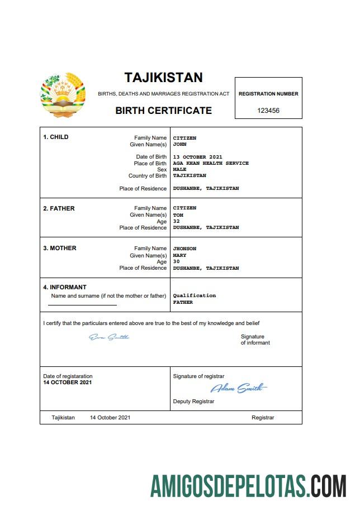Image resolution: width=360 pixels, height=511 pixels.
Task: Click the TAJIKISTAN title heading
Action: [x=163, y=78]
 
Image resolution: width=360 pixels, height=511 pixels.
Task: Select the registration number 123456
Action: [x=268, y=111]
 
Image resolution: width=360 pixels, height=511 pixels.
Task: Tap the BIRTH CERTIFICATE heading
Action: [x=163, y=111]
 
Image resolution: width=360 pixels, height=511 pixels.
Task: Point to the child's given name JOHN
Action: [x=179, y=145]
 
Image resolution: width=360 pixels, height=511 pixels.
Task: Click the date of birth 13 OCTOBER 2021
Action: [x=198, y=157]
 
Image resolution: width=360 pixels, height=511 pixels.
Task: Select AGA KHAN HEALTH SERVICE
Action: [x=211, y=164]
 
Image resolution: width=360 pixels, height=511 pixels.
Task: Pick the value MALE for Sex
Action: [x=179, y=169]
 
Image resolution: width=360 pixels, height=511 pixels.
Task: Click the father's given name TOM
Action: [x=178, y=215]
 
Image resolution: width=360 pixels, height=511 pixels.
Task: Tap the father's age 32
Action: [x=176, y=221]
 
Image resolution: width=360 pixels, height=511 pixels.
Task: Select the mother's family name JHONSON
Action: [x=184, y=249]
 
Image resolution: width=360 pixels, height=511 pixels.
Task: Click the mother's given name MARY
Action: [x=179, y=256]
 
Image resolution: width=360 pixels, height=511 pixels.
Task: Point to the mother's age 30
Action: [x=176, y=262]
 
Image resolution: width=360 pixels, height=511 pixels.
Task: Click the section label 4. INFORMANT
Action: [x=65, y=288]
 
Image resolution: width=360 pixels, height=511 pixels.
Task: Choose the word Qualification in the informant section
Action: [x=194, y=295]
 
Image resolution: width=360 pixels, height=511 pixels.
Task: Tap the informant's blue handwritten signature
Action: [x=109, y=337]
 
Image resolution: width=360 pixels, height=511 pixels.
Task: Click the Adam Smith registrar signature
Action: [x=239, y=388]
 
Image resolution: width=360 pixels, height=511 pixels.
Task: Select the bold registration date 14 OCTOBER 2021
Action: [x=68, y=383]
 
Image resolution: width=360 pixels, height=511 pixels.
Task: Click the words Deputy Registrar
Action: [x=193, y=401]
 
